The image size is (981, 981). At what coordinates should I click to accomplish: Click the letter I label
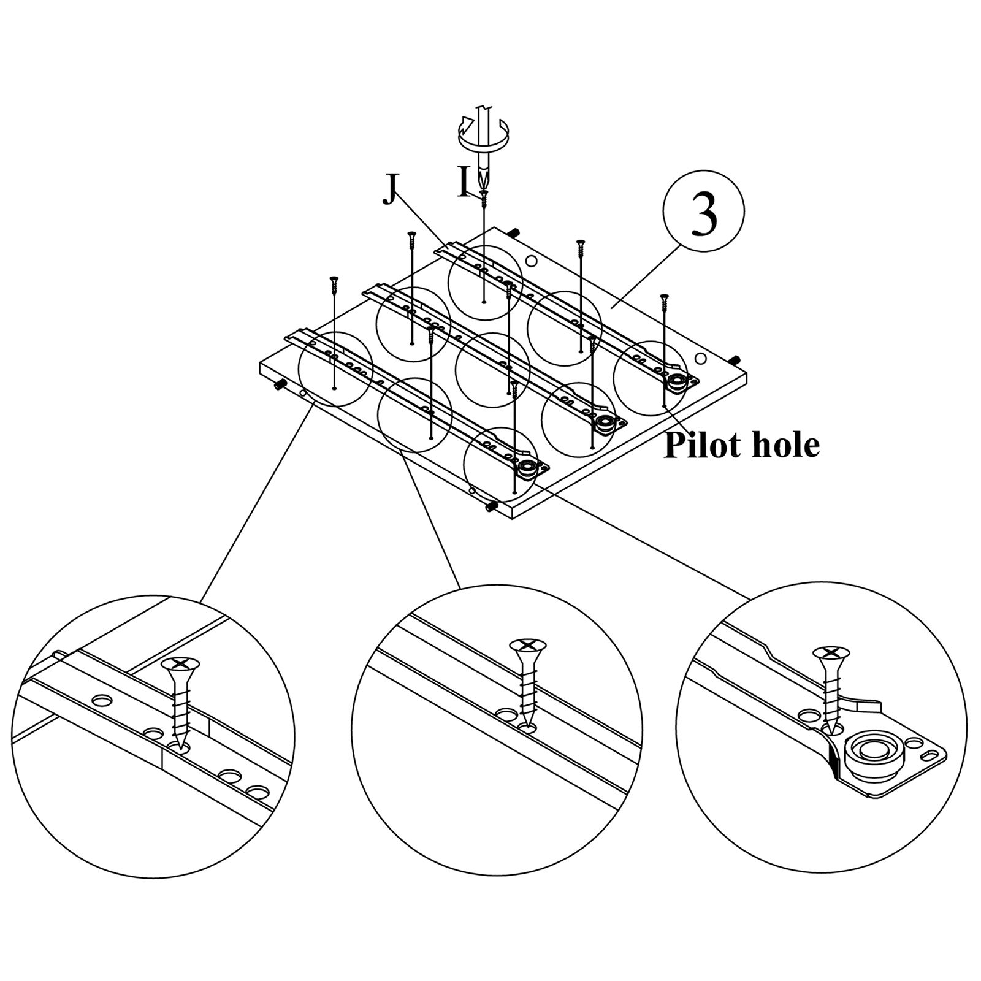[464, 181]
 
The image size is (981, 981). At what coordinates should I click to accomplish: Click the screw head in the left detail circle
[180, 664]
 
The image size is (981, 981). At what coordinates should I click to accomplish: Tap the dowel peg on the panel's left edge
[280, 384]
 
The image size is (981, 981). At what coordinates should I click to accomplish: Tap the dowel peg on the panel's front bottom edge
[491, 506]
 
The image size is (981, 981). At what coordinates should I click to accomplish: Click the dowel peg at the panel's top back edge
[514, 232]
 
